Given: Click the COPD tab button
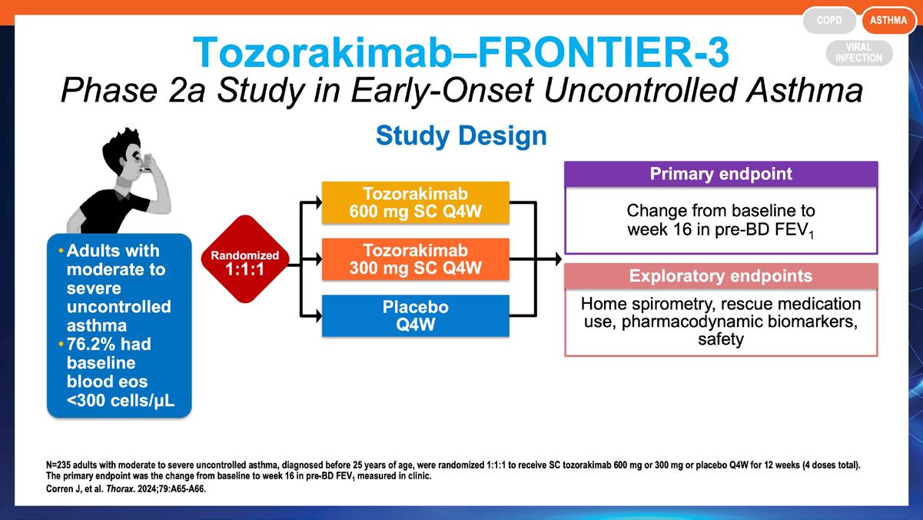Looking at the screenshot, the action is click(829, 20).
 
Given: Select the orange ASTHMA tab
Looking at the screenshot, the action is click(888, 20).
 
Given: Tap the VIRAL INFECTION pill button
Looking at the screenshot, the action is click(859, 53).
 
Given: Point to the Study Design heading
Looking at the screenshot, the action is click(461, 135).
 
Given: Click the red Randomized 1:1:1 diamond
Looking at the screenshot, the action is click(245, 259).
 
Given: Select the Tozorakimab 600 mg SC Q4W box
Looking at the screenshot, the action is click(415, 202).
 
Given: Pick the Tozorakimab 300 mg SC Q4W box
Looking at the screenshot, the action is click(415, 259).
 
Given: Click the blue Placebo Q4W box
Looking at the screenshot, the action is click(415, 316).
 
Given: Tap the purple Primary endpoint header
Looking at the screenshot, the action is click(721, 174).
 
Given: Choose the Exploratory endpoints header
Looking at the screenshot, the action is click(721, 276).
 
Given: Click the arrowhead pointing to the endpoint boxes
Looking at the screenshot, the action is click(558, 259).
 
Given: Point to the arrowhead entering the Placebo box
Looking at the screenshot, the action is click(318, 316).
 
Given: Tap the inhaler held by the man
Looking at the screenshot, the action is click(145, 164).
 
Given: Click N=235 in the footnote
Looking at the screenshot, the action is click(58, 465).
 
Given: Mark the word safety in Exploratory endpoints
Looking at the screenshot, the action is click(721, 339).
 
